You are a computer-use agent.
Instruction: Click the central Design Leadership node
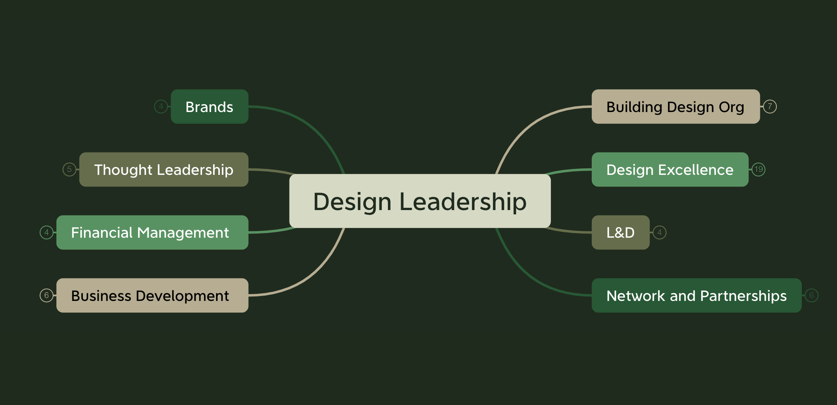420,201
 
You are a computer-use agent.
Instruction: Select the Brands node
209,107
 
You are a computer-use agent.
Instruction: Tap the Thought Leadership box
163,170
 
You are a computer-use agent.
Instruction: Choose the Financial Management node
152,232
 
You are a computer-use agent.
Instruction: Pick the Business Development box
152,295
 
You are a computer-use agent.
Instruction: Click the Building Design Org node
675,107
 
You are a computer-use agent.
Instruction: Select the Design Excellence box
670,170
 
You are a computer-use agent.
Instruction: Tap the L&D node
620,232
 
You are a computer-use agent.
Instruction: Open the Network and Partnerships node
696,295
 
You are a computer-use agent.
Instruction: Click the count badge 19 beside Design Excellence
758,169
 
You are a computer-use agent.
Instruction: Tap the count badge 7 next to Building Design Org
770,106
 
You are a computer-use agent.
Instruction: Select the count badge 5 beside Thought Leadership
69,169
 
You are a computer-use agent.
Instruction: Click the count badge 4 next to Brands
161,106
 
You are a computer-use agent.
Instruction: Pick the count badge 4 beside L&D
660,232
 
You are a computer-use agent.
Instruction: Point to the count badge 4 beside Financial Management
47,232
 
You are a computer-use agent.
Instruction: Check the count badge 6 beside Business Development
47,295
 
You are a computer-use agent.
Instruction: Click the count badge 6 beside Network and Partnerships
811,295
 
